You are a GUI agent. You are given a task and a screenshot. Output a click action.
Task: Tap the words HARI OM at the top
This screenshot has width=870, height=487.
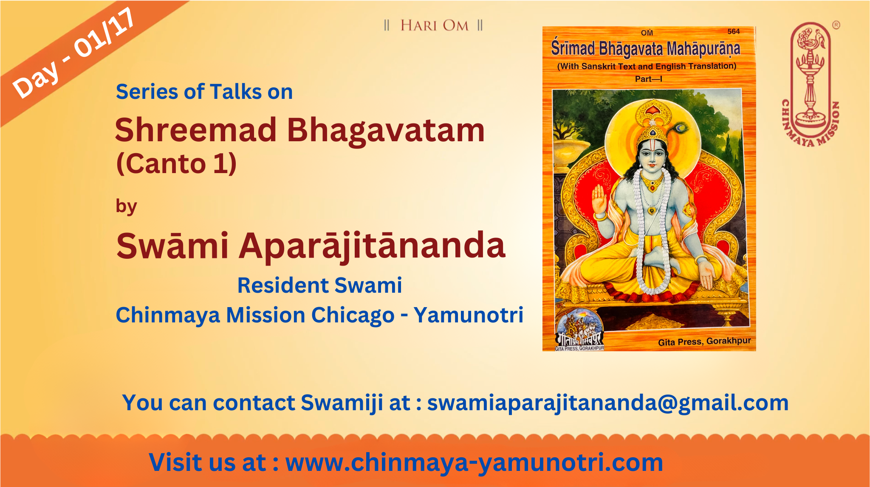[x=434, y=25]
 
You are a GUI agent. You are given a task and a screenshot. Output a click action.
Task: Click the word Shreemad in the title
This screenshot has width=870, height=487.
[x=196, y=130]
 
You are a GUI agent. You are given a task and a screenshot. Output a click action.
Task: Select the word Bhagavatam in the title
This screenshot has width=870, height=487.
[x=386, y=131]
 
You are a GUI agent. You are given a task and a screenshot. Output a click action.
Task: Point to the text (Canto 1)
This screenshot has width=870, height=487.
[x=176, y=164]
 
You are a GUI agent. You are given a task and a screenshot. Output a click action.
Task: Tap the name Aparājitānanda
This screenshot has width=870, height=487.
[x=372, y=246]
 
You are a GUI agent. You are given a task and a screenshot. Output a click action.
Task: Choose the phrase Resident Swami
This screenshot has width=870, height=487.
[x=319, y=285]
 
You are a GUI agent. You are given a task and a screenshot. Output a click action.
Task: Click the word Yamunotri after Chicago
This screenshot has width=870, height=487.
[x=469, y=315]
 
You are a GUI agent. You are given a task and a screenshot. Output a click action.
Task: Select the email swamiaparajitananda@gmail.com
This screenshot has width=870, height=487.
[x=608, y=403]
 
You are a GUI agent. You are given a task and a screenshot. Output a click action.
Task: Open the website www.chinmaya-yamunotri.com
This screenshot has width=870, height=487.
[x=474, y=462]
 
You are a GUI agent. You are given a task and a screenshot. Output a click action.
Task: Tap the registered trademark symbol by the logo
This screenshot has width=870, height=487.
[x=836, y=25]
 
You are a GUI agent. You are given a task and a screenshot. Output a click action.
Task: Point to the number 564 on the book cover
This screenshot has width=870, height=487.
[x=734, y=31]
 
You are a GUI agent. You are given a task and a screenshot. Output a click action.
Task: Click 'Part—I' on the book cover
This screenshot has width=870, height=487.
[x=649, y=79]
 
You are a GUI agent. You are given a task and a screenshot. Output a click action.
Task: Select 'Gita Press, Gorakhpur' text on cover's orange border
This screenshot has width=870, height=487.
[x=704, y=341]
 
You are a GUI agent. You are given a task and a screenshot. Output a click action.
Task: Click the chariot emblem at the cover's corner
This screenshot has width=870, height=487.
[x=579, y=331]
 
